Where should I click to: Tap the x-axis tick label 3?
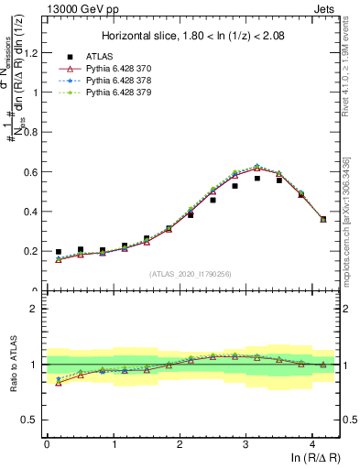point(245,444)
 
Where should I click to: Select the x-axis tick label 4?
point(312,444)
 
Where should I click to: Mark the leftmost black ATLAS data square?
point(59,252)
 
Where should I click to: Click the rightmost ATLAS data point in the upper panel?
point(323,219)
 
